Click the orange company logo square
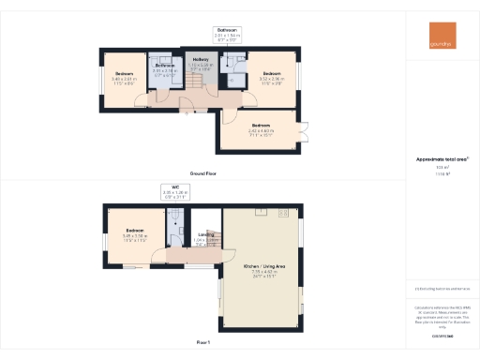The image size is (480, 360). click(x=439, y=33)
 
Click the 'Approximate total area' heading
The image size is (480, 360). click(x=441, y=159)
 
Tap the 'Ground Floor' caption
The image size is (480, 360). click(x=203, y=173)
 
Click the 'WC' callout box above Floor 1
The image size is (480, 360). click(x=175, y=192)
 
